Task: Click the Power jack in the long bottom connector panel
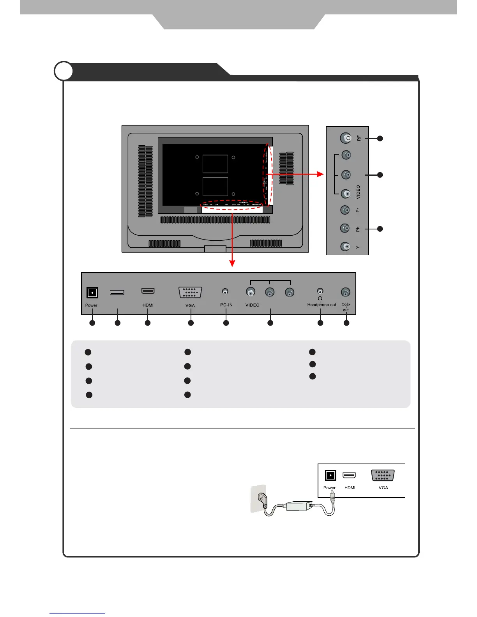(92, 293)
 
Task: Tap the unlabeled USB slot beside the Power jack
(117, 292)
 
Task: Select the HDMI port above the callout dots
(148, 291)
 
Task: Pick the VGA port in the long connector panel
(190, 292)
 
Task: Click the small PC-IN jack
(225, 291)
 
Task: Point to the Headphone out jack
(320, 291)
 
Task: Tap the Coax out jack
(345, 292)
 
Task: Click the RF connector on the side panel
(346, 138)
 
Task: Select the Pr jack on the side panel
(345, 210)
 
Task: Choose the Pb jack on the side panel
(345, 228)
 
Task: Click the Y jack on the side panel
(345, 246)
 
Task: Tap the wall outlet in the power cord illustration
(258, 498)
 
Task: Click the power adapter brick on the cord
(299, 506)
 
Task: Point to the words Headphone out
(322, 305)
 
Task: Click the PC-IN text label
(226, 305)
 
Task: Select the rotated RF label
(359, 138)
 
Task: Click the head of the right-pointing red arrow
(320, 174)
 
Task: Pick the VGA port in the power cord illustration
(383, 476)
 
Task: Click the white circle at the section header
(64, 71)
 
